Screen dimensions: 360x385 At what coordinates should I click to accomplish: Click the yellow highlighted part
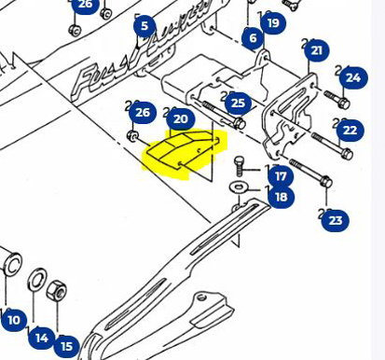tap(183, 153)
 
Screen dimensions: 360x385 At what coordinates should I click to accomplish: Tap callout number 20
tap(180, 118)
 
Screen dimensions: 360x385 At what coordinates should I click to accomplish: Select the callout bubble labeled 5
tap(144, 26)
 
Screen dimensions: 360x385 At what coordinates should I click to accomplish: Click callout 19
tap(272, 23)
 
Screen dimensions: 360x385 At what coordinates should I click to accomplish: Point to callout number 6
tap(253, 38)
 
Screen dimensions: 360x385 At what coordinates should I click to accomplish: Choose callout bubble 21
tap(317, 50)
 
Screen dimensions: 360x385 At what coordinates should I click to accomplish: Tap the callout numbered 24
tap(351, 78)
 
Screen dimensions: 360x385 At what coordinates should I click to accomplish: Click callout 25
tap(238, 104)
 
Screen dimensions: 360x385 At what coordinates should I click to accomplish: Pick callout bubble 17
tap(281, 175)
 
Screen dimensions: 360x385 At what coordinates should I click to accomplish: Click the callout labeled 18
tap(281, 197)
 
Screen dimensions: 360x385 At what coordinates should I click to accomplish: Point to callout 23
tap(336, 221)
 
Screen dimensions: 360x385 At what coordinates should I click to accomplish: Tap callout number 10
tap(13, 321)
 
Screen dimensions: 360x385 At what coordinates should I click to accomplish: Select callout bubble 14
tap(41, 338)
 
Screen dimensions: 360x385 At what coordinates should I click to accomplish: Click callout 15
tap(66, 346)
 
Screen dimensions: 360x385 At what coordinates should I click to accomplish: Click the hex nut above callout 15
tap(56, 289)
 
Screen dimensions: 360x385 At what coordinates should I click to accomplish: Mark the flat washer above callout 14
tap(38, 279)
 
